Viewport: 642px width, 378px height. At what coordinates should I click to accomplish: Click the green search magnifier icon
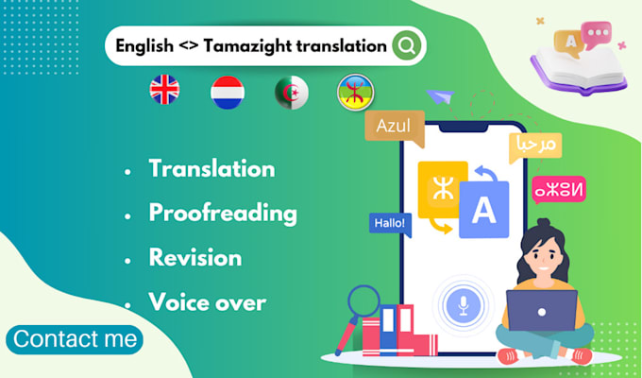point(407,45)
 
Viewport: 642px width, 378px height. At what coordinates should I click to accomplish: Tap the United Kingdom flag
point(164,90)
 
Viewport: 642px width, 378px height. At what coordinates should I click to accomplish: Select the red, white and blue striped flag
point(228,93)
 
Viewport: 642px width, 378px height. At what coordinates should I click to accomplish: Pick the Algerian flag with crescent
point(292,93)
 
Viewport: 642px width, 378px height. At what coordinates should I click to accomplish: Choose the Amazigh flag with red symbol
point(355,93)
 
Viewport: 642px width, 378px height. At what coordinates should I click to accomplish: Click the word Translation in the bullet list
point(212,168)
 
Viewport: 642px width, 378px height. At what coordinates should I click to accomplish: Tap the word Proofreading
point(223,214)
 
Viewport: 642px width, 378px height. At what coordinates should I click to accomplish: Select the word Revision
point(195,257)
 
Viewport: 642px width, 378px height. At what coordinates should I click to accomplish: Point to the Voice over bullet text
point(207,302)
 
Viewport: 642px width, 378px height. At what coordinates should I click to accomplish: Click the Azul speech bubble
point(395,127)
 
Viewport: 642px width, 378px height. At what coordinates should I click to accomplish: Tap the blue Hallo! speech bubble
point(390,224)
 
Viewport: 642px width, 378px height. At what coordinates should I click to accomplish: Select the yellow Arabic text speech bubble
point(535,146)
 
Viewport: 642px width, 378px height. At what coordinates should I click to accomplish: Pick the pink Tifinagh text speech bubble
point(559,189)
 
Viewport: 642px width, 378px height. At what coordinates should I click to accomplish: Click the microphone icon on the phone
point(463,305)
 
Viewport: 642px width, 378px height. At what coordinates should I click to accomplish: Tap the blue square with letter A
point(484,210)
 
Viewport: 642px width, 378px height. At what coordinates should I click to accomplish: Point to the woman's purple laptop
point(542,310)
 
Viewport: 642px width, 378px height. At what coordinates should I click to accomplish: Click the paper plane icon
point(440,96)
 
